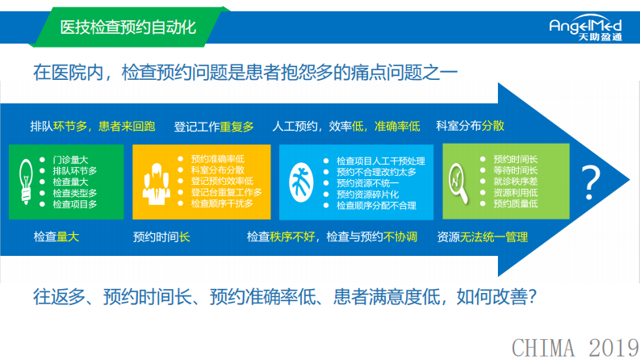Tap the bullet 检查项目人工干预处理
point(380,161)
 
